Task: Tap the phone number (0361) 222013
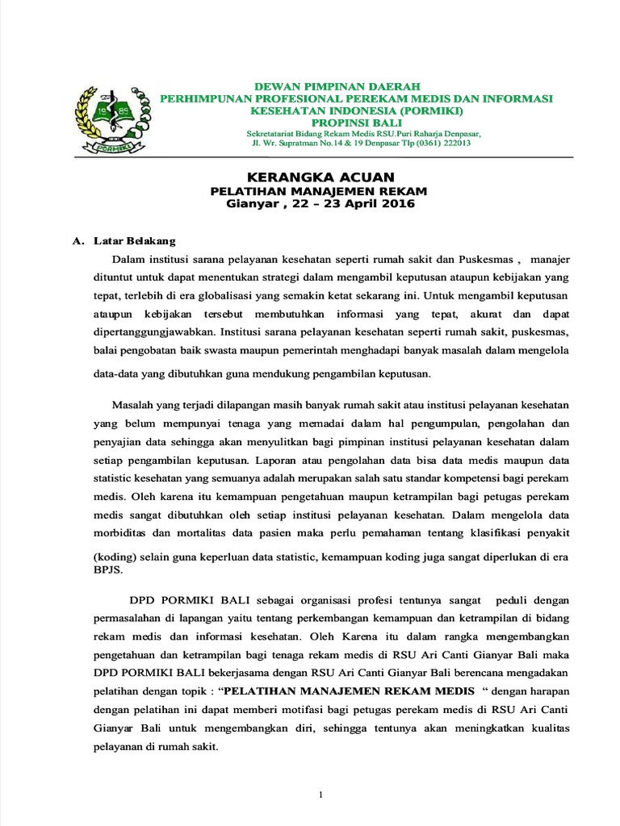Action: point(429,143)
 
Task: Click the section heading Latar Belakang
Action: point(134,241)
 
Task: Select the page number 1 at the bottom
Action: point(320,795)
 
